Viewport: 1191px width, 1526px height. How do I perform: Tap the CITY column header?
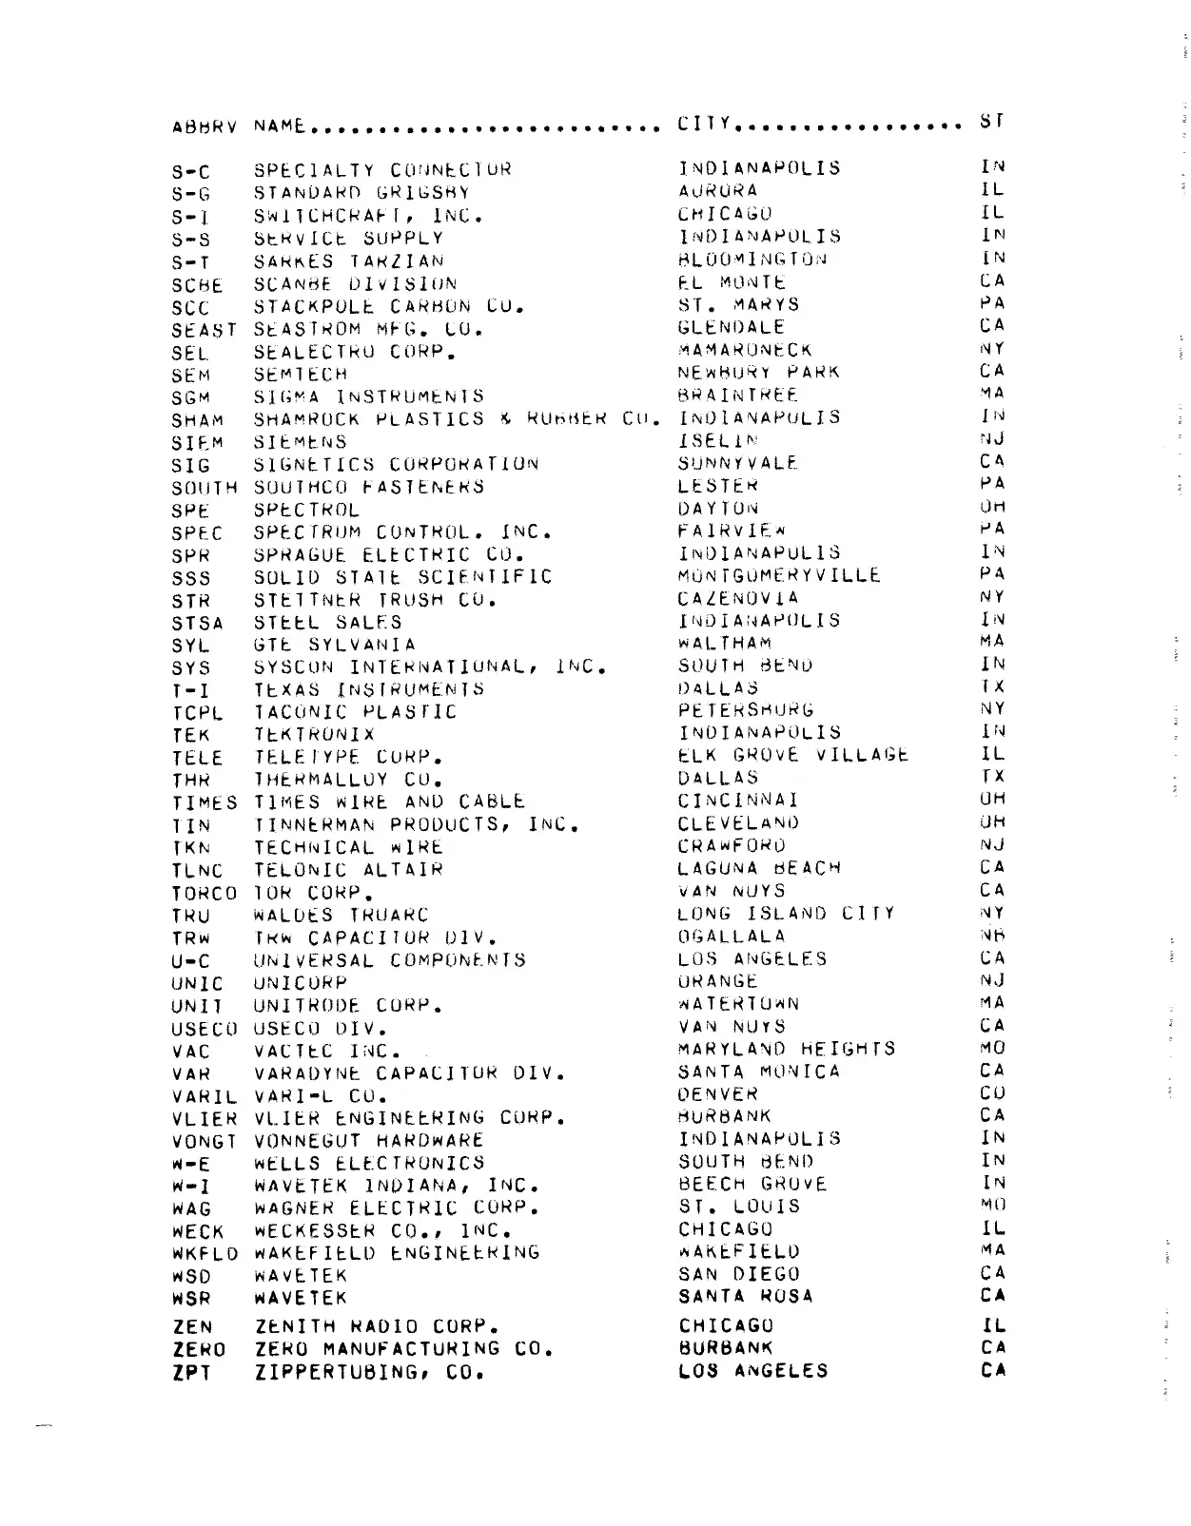pos(705,124)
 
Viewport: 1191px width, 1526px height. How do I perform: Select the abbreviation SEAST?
pos(205,330)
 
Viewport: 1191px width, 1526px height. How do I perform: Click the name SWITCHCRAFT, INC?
pos(368,216)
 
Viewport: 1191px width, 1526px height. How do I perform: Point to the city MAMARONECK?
pos(745,350)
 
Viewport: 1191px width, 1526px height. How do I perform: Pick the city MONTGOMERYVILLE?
pos(779,575)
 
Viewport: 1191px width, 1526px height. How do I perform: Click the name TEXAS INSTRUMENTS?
pos(369,688)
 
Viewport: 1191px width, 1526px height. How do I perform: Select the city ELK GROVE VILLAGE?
pos(793,755)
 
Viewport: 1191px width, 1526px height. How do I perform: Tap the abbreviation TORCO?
pos(205,894)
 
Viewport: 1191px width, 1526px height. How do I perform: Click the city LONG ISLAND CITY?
pos(786,914)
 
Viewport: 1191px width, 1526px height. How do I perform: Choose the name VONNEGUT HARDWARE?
pos(369,1140)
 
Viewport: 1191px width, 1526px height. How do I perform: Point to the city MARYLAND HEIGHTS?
pos(787,1049)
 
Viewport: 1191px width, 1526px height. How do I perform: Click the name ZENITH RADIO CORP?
pos(378,1326)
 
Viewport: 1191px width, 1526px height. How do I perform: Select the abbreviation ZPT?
pos(191,1373)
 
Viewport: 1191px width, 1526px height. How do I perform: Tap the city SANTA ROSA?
pos(746,1297)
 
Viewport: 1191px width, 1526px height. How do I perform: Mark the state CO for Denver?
pos(992,1093)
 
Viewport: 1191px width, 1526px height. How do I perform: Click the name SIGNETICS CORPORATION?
pos(397,465)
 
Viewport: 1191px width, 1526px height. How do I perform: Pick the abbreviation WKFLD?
pos(205,1253)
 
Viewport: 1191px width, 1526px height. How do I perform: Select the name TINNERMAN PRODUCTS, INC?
pos(417,824)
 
